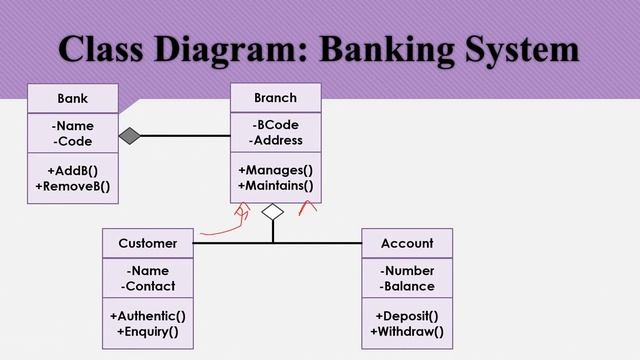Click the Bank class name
[x=72, y=98]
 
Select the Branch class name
[x=275, y=98]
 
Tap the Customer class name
[x=147, y=243]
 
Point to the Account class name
[x=407, y=243]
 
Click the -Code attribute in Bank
[x=72, y=141]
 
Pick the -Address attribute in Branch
[x=275, y=141]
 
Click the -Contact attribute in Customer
[x=148, y=286]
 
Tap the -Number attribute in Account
[x=407, y=271]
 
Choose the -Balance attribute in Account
[x=407, y=286]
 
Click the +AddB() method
[x=72, y=170]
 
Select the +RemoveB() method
[x=72, y=185]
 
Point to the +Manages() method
[x=275, y=170]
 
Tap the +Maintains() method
[x=275, y=185]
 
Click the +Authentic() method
[x=148, y=316]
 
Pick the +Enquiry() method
[x=148, y=331]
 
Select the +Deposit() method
[x=407, y=316]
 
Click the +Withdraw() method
[x=407, y=331]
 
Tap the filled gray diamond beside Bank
[x=129, y=135]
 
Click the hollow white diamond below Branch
[x=272, y=212]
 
